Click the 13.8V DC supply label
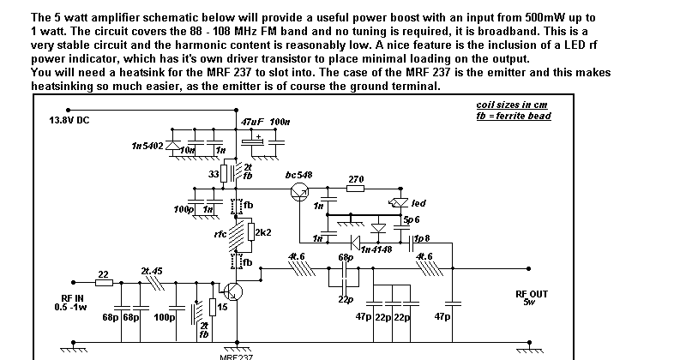[x=69, y=121]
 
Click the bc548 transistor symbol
[x=299, y=192]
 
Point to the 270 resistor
[x=356, y=189]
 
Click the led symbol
[x=395, y=204]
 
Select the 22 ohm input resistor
[x=104, y=283]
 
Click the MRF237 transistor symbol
[x=234, y=291]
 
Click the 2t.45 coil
[x=153, y=282]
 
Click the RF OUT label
[x=532, y=294]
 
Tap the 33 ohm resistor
[x=225, y=174]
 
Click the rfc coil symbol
[x=232, y=233]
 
